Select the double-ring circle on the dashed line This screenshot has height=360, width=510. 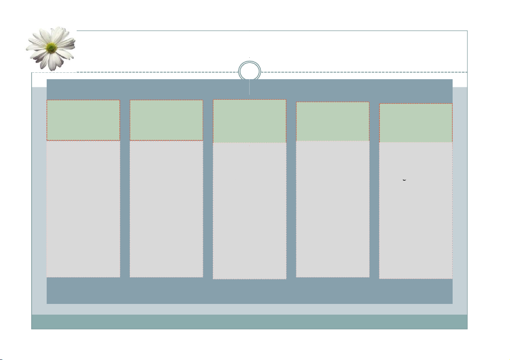pos(250,71)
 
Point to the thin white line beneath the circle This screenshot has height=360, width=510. pos(250,88)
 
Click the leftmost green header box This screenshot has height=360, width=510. pos(83,120)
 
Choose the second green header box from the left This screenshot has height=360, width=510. pos(166,120)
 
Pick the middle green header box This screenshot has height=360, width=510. pos(250,121)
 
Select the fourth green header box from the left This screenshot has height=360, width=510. pos(333,122)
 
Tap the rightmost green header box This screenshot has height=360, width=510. pos(416,123)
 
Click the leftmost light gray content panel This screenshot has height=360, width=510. pos(83,209)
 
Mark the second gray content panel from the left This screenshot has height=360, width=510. pos(166,209)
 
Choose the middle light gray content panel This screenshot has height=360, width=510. pos(250,211)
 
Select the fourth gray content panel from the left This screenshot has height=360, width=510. pos(333,209)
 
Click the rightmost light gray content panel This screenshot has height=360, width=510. pos(416,223)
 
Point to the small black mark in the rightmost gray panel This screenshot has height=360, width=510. pos(404,180)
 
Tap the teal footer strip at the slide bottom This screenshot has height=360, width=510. pos(250,322)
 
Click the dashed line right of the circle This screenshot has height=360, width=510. pos(364,72)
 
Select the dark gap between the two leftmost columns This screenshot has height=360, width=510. pos(125,188)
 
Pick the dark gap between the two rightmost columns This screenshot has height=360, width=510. pos(374,188)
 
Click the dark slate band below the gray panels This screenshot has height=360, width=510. pos(250,291)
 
